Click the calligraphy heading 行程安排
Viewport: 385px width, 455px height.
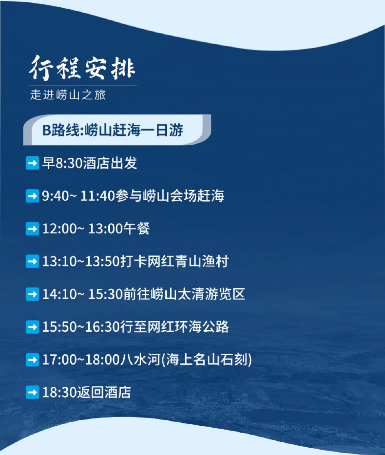[x=82, y=68]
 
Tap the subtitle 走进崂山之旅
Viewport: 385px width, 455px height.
[x=68, y=95]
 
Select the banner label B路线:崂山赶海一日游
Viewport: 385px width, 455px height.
[x=112, y=130]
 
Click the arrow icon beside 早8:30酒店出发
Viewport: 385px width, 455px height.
[x=32, y=163]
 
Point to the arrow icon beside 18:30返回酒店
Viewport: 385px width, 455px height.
[x=32, y=392]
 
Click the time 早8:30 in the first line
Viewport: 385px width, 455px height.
[x=62, y=163]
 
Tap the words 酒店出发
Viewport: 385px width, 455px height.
[x=110, y=163]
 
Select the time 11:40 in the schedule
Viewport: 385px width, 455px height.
[x=98, y=196]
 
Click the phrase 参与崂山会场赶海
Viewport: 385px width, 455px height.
[x=170, y=196]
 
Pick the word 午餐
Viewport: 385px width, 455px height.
[x=137, y=228]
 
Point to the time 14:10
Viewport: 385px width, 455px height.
[x=59, y=294]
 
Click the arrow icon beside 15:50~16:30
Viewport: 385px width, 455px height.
[x=32, y=327]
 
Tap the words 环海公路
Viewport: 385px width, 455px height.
[x=202, y=327]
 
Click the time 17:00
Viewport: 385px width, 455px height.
[x=59, y=360]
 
